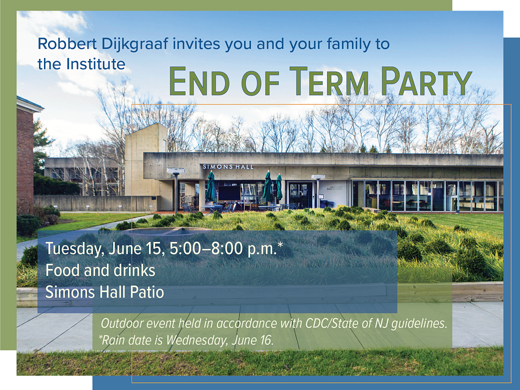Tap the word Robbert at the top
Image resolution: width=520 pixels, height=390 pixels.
click(67, 44)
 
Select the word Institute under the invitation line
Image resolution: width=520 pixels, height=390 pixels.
click(95, 64)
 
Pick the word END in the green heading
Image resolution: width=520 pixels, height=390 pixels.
click(199, 81)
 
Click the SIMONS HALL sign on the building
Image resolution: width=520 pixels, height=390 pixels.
click(228, 167)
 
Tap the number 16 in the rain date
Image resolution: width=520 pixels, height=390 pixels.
click(266, 340)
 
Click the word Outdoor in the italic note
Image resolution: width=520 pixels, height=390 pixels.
click(122, 323)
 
